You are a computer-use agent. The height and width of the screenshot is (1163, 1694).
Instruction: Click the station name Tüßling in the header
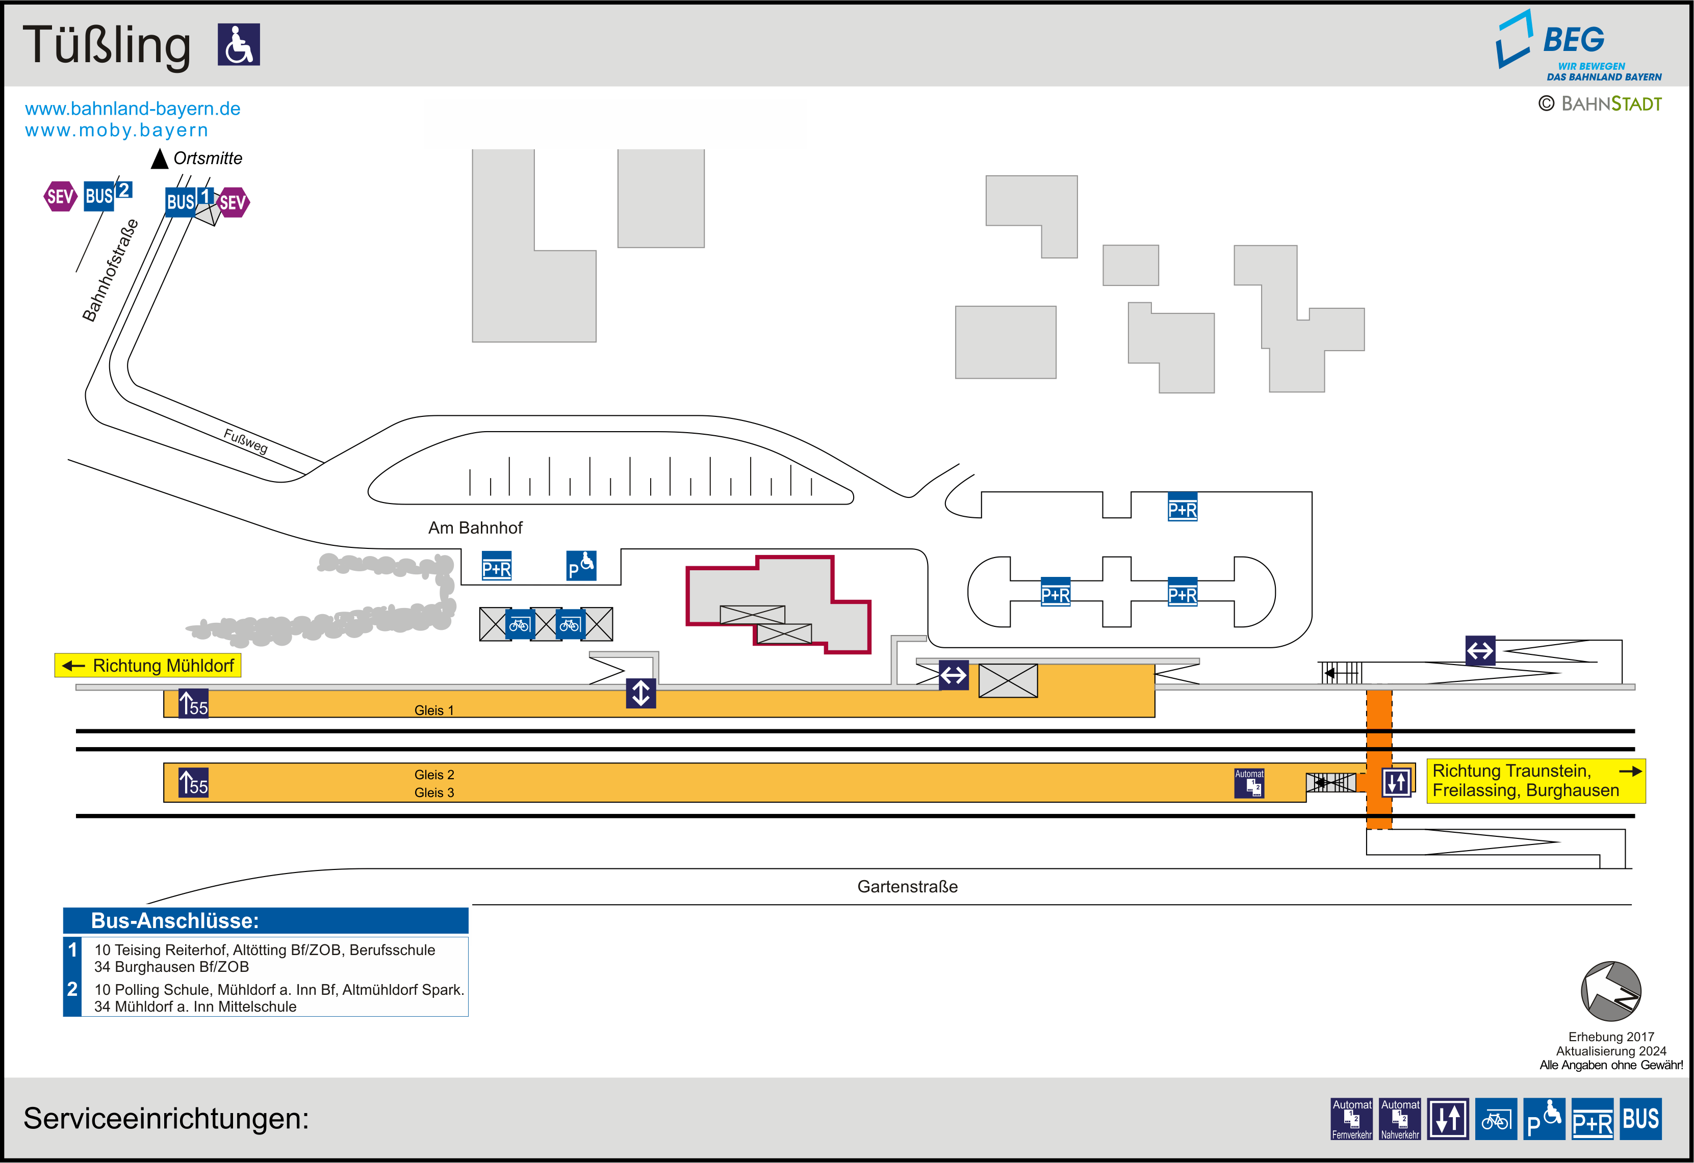click(107, 45)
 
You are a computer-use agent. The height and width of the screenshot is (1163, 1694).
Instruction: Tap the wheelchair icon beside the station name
click(238, 44)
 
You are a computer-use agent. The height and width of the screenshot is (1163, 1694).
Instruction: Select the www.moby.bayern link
click(117, 130)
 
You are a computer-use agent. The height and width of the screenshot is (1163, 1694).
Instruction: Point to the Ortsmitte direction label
click(207, 158)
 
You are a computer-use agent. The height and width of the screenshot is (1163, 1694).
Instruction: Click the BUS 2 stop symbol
click(107, 195)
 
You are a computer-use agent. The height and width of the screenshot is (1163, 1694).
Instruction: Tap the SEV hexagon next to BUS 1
click(233, 202)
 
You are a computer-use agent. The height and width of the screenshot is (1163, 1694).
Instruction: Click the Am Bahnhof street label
click(475, 527)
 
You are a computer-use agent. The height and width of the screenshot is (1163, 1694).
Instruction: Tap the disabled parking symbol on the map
click(581, 566)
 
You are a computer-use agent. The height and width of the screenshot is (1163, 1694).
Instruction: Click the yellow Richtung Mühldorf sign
click(148, 665)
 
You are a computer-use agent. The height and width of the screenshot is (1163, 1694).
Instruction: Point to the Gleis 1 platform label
click(434, 710)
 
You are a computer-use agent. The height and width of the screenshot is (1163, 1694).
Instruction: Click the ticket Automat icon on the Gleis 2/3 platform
click(1249, 783)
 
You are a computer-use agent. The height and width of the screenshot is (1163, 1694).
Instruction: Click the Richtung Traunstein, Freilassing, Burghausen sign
click(1535, 780)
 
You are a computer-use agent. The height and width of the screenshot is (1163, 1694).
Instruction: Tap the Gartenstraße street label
click(907, 887)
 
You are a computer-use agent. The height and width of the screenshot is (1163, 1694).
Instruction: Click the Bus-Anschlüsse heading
click(175, 920)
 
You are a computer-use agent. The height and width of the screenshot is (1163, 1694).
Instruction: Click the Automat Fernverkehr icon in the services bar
click(1351, 1119)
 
